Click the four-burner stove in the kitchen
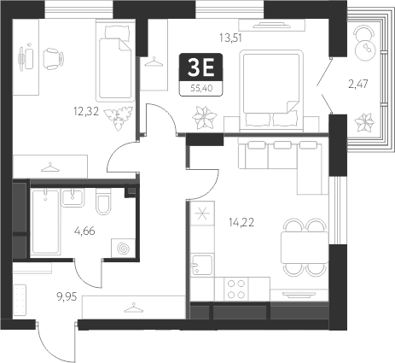pos(237,288)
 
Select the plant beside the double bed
pos(204,114)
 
